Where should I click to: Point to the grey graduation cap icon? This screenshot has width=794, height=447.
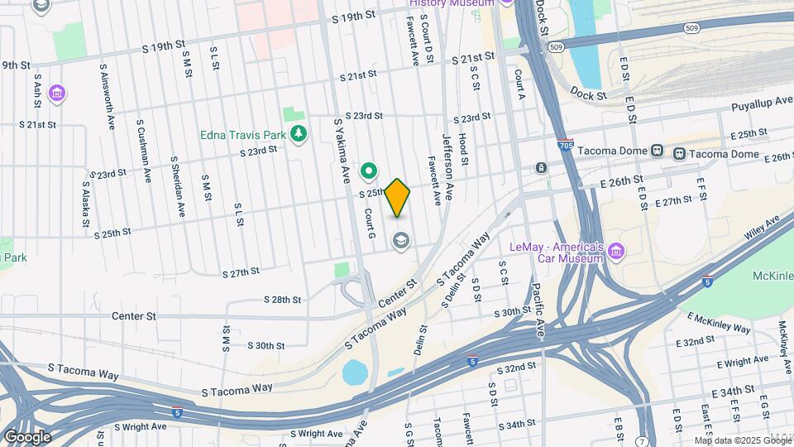(x=402, y=242)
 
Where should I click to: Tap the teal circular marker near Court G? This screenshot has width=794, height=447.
(x=368, y=172)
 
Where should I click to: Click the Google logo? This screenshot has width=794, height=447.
(x=27, y=436)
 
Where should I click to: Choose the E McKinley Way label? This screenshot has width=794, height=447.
(x=718, y=322)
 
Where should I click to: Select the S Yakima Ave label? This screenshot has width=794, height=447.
(x=342, y=150)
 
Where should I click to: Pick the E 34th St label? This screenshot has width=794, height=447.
(x=739, y=389)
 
